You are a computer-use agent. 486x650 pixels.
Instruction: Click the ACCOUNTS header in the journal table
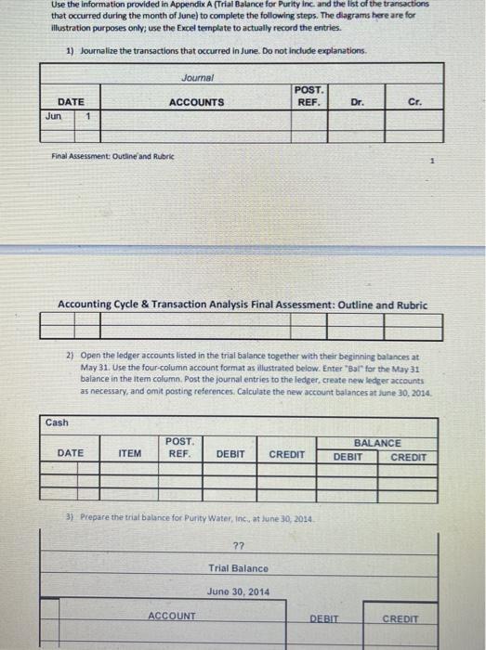click(x=195, y=101)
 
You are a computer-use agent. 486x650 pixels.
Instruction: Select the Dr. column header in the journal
click(x=357, y=101)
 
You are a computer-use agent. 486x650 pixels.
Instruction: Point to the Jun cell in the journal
click(x=55, y=118)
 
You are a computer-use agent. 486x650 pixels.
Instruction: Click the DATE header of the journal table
click(x=71, y=101)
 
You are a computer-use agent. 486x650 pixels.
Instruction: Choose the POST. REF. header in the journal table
click(x=308, y=96)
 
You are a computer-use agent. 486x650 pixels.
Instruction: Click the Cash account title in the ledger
click(x=57, y=422)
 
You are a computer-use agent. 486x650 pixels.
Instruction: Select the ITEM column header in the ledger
click(x=130, y=453)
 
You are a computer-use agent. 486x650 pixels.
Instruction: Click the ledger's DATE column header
click(x=71, y=453)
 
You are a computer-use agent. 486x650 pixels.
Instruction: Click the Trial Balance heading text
click(x=238, y=568)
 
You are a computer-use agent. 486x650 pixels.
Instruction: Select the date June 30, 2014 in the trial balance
click(x=238, y=591)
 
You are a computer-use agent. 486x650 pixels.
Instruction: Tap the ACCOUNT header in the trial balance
click(x=172, y=616)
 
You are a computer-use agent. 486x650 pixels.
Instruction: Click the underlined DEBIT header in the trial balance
click(x=324, y=617)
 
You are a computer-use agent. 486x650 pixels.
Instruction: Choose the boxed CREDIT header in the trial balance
click(x=401, y=617)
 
